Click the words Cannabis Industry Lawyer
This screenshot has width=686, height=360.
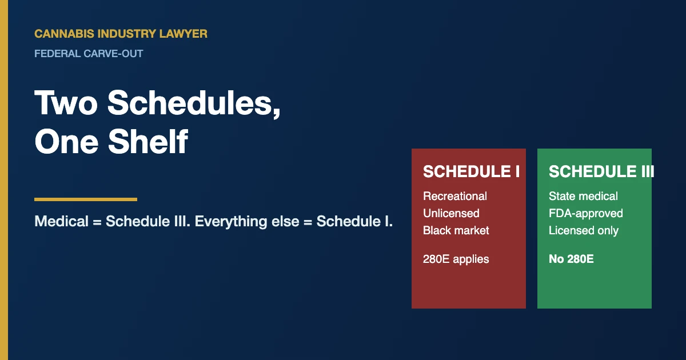[121, 34]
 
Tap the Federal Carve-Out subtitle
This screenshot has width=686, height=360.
[89, 54]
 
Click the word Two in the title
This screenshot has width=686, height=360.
[66, 103]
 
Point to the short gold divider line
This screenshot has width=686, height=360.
[86, 199]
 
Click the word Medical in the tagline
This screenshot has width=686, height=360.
[61, 222]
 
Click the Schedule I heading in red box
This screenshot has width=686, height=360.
[471, 171]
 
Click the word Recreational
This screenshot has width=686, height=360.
[455, 196]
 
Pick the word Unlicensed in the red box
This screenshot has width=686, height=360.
[451, 213]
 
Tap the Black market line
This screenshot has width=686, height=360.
[456, 230]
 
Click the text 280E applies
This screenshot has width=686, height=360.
[456, 259]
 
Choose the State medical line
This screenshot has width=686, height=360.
[583, 196]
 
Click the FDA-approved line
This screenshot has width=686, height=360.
[586, 213]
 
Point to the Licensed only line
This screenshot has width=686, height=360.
[584, 230]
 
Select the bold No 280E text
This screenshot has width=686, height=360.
[571, 259]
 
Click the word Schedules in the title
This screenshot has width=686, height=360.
[193, 103]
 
